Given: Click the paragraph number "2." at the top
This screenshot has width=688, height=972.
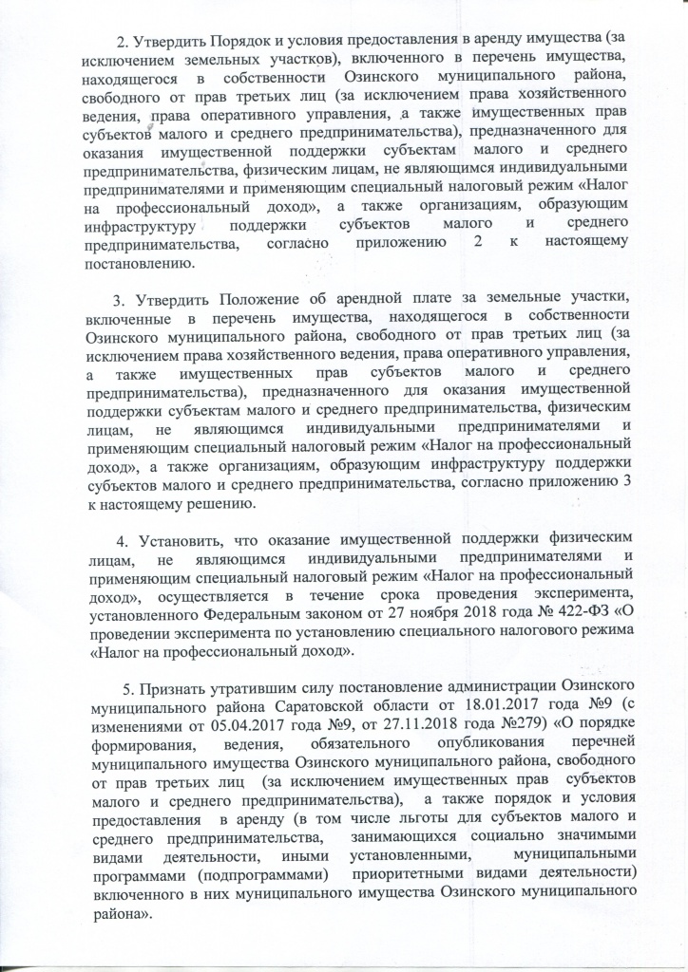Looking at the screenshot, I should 122,42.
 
